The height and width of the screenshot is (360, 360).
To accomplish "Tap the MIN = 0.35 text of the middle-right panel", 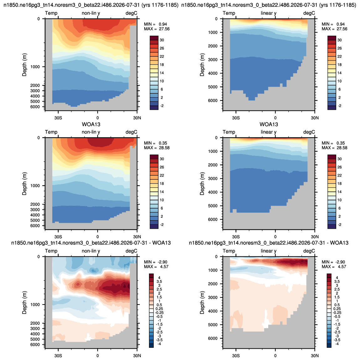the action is (x=333, y=143).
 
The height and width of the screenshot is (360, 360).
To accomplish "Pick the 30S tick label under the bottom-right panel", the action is (x=236, y=356).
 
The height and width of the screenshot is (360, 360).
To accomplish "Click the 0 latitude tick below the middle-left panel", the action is (x=98, y=237).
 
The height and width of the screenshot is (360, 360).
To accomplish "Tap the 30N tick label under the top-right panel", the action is (x=315, y=118).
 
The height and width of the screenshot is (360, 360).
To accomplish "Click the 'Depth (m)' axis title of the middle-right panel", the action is (x=202, y=184).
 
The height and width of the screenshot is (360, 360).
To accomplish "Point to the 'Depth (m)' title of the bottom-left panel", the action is (x=24, y=303).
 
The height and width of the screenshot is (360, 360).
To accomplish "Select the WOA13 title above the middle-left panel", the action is (x=91, y=125).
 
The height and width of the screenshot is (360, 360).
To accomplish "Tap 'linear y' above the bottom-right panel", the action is (x=269, y=251).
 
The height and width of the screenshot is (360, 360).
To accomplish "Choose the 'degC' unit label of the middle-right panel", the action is (x=309, y=132).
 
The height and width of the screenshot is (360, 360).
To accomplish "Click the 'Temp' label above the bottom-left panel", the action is (x=51, y=251).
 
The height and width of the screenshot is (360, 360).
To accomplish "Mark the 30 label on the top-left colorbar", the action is (x=162, y=40).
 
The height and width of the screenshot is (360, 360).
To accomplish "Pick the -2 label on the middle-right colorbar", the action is (x=339, y=225).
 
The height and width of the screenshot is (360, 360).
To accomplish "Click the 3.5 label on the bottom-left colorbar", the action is (x=159, y=281).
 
